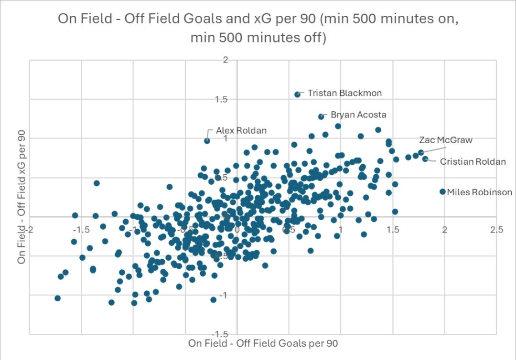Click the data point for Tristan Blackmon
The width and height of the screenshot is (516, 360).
click(297, 95)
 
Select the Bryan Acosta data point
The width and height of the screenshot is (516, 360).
click(321, 116)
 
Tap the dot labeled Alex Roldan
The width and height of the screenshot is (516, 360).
click(207, 141)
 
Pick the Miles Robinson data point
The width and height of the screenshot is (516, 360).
click(442, 191)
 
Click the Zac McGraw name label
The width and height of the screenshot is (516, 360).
click(439, 140)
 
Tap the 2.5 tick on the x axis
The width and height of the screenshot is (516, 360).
click(496, 230)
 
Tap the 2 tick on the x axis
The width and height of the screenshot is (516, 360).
click(444, 230)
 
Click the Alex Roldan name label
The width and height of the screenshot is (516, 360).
click(241, 130)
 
